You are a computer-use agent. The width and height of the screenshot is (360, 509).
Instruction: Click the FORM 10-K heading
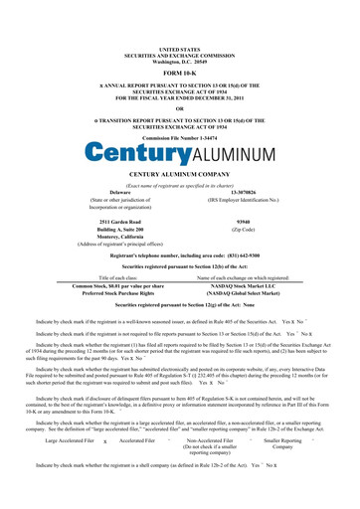tap(179, 74)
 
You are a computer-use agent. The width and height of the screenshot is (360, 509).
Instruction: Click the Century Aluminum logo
tap(179, 154)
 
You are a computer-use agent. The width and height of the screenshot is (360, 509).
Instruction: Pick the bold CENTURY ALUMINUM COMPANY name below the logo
tap(179, 175)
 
